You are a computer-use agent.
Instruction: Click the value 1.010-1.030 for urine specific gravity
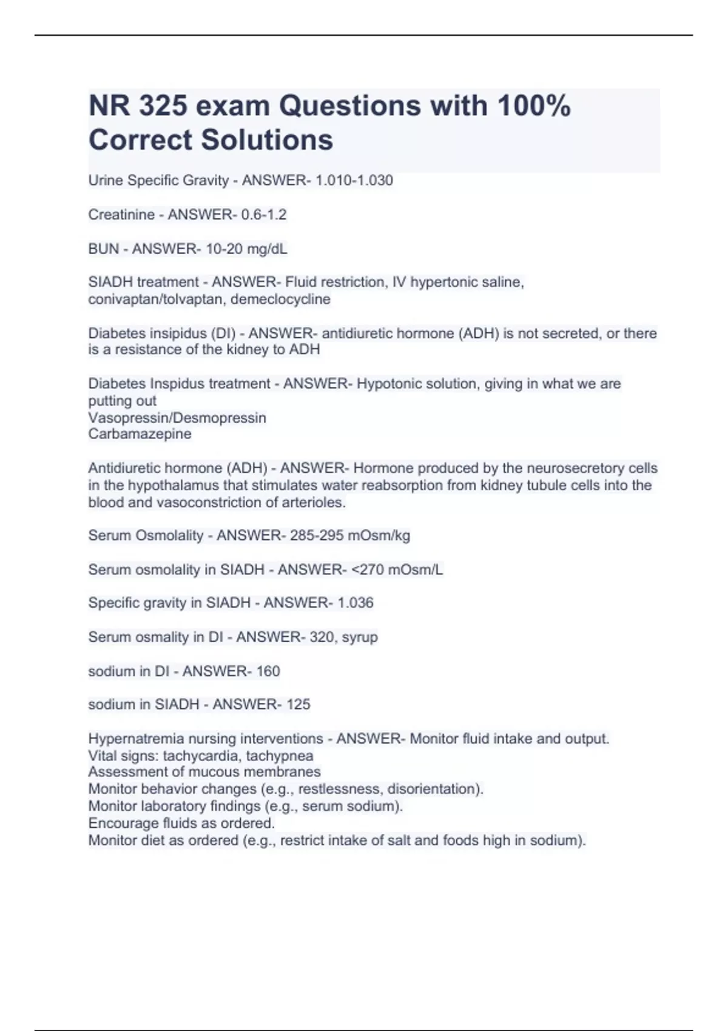354,180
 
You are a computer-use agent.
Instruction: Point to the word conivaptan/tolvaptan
157,299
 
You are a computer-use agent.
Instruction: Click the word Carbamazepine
140,434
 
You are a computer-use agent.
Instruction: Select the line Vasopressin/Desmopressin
177,418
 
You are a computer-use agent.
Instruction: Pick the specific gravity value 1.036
355,603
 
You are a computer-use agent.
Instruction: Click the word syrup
360,637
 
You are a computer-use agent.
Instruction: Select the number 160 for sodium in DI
268,671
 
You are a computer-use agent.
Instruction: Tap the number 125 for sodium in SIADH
298,705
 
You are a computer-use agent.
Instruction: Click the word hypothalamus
172,485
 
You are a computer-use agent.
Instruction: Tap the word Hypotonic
386,384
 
